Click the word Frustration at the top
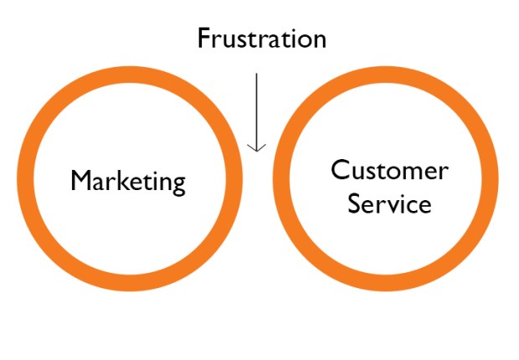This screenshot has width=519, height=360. (261, 39)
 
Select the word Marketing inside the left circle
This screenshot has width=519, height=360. (128, 181)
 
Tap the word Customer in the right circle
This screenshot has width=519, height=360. (389, 171)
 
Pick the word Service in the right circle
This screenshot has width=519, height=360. (389, 203)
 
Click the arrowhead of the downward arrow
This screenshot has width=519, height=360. (257, 147)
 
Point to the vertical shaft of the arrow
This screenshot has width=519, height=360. (257, 109)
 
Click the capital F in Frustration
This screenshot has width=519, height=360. (203, 39)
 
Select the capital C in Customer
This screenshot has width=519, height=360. (340, 171)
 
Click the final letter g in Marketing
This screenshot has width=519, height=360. (177, 184)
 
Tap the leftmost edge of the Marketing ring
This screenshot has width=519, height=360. (23, 181)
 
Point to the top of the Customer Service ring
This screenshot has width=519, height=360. (386, 75)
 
